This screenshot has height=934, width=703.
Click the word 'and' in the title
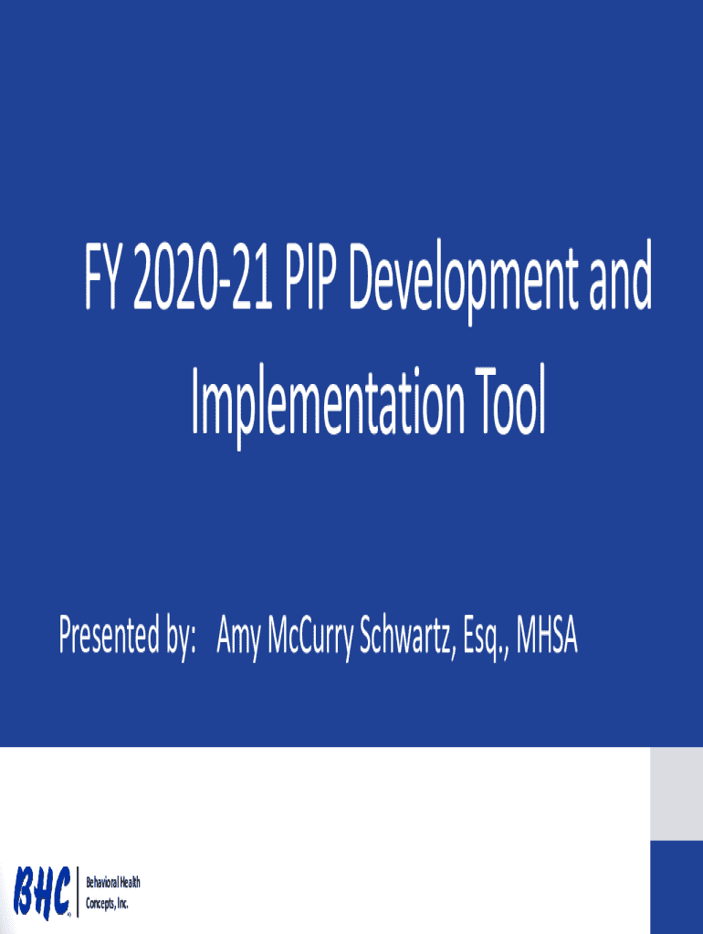620,277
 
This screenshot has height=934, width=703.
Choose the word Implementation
328,405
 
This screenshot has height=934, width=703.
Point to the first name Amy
238,638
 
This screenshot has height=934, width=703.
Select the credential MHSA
547,635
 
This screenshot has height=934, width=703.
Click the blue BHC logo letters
42,891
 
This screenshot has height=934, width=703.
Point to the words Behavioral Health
113,882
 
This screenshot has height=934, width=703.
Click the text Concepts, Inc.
108,903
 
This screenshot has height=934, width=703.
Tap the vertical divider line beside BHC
78,892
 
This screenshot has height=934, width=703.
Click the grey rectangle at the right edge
677,794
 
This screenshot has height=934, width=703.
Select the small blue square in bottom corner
677,887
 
